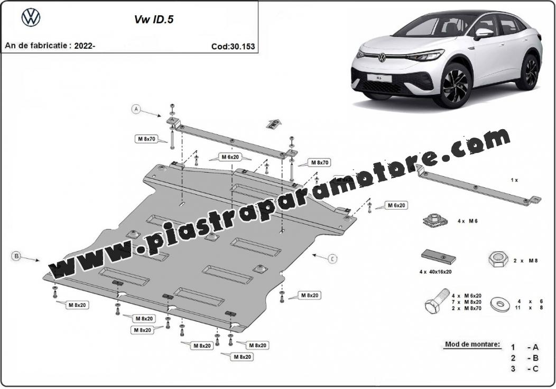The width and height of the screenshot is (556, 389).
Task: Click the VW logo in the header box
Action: pos(31,17)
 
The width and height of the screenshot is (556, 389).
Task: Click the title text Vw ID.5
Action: pos(154,20)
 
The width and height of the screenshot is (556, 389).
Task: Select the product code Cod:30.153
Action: pos(233,47)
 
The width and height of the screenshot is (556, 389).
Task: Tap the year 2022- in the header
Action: pos(85,46)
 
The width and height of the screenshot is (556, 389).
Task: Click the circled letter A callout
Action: pos(136,110)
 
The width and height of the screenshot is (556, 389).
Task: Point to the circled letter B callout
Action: pos(16,255)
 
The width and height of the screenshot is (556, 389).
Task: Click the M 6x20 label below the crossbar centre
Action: pos(230,157)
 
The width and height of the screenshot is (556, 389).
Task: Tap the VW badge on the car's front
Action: pos(382,57)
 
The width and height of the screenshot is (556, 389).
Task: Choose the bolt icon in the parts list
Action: pos(437,302)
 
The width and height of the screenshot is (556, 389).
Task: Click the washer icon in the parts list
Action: pos(501,304)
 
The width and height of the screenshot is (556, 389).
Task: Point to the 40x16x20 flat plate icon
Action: pos(438,257)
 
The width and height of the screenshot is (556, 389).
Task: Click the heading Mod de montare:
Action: pos(472,345)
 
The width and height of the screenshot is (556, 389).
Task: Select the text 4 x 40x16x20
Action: pos(435,272)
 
